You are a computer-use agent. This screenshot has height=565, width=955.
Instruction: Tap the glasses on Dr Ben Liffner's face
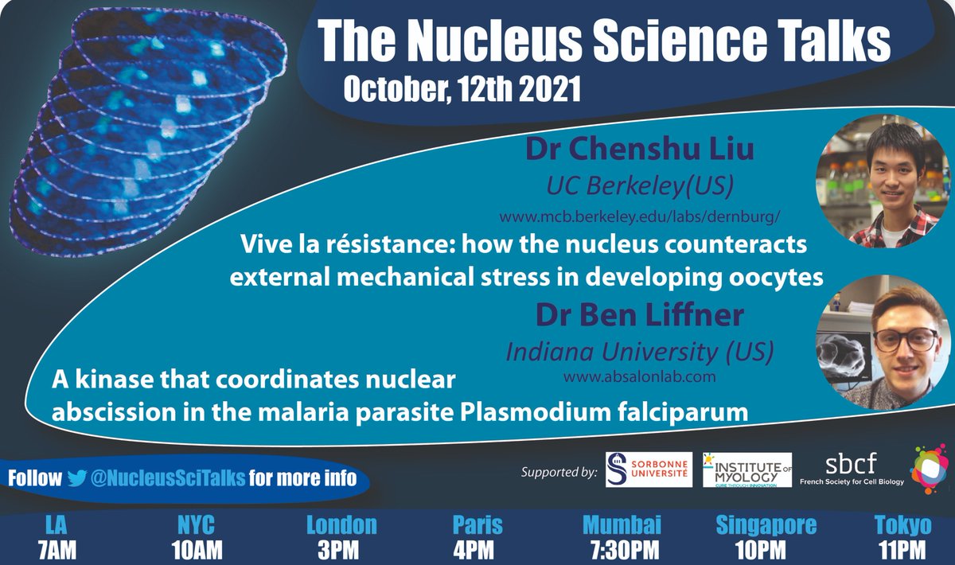tap(906, 340)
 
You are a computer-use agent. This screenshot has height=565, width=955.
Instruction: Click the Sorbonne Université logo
tap(648, 471)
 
